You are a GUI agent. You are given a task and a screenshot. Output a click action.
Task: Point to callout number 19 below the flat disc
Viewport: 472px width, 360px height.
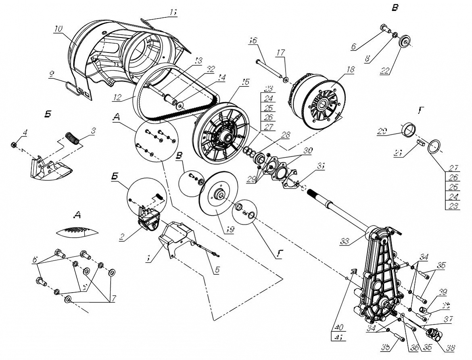[x=229, y=229]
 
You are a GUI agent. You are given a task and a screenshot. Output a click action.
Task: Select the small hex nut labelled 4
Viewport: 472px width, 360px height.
[x=13, y=144]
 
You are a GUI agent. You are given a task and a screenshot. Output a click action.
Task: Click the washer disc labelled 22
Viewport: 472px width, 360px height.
[x=405, y=42]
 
